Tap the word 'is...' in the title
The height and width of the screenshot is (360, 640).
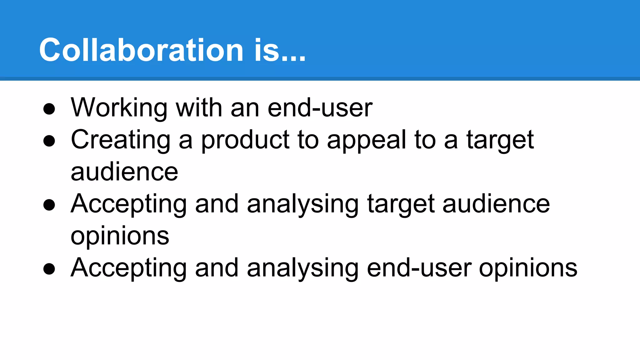[x=280, y=50]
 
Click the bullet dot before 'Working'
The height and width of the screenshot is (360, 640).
[x=49, y=109]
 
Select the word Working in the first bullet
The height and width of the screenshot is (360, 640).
[x=119, y=108]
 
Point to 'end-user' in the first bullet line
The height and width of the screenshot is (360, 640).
[x=320, y=108]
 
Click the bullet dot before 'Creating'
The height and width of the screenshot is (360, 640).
[x=49, y=141]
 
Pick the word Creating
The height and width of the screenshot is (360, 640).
[x=121, y=140]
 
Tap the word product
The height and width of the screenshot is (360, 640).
[x=245, y=141]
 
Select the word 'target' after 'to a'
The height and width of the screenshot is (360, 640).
[x=500, y=141]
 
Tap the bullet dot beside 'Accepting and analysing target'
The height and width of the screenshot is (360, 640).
[x=49, y=205]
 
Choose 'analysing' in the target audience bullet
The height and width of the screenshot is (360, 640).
[x=302, y=205]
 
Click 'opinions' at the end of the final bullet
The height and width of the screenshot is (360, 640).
[x=528, y=269]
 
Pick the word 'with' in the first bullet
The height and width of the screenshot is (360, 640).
[x=199, y=108]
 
